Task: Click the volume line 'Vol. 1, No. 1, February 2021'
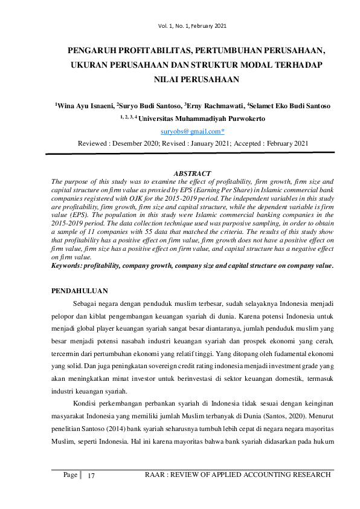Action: point(193,25)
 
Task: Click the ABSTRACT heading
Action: point(192,174)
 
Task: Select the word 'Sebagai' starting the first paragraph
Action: point(85,303)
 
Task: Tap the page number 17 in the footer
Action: point(92,476)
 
